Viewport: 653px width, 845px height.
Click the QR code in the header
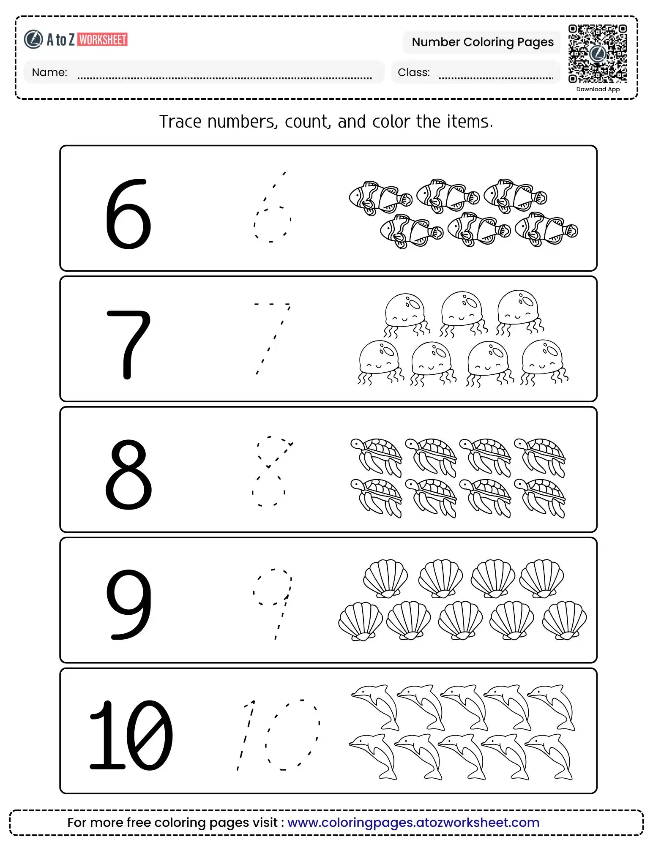[597, 54]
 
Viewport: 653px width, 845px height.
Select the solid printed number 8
[128, 474]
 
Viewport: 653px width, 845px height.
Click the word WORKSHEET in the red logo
[103, 40]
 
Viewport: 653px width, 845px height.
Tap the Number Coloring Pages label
[482, 42]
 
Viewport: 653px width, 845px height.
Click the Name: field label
[49, 72]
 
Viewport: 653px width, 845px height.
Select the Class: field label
[413, 72]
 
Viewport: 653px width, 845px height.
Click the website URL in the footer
[413, 823]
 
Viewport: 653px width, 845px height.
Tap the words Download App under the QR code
[598, 89]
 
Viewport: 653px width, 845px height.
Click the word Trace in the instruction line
[180, 122]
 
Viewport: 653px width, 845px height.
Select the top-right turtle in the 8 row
[540, 457]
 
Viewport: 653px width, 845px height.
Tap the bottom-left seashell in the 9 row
[360, 621]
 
